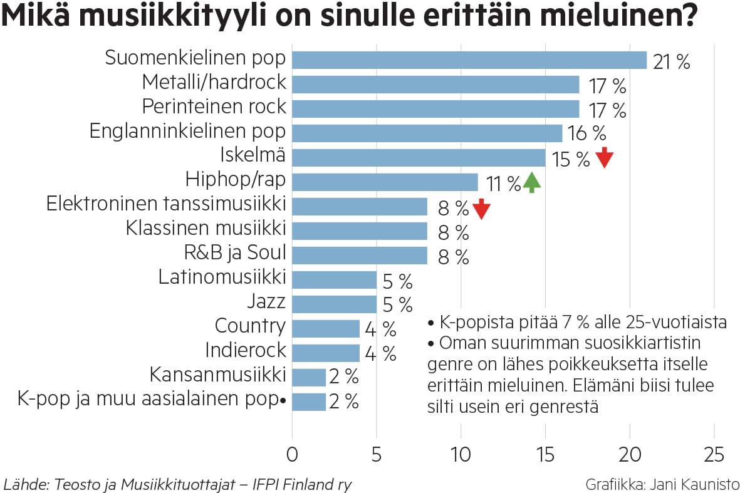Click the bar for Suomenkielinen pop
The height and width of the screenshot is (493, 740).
(x=469, y=60)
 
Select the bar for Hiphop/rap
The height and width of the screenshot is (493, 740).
(x=385, y=182)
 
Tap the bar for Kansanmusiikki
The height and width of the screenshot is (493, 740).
(x=308, y=377)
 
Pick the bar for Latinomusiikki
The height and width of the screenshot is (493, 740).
(x=334, y=279)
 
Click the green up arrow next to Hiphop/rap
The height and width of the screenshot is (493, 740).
(x=531, y=182)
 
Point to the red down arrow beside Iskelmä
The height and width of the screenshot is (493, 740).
(x=603, y=157)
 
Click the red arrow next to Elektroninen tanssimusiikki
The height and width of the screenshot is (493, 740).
(x=481, y=209)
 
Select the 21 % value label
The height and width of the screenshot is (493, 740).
(x=671, y=62)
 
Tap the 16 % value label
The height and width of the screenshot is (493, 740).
(x=587, y=134)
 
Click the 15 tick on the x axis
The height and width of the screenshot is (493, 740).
(x=545, y=454)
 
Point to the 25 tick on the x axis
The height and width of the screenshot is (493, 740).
(x=714, y=454)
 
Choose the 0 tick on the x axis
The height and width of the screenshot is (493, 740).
(x=292, y=454)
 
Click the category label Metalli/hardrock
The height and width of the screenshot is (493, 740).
(x=214, y=82)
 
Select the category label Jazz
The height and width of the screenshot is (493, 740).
(x=266, y=303)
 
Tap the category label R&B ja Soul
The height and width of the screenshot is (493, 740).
(x=235, y=253)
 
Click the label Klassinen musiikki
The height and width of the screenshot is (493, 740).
(x=206, y=228)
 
